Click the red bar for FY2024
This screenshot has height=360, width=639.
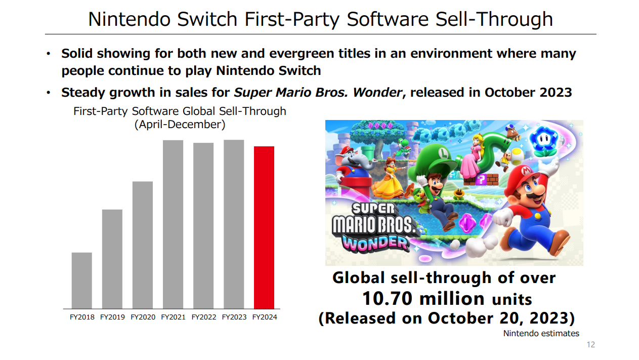264,227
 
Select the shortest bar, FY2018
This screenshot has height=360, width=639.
82,281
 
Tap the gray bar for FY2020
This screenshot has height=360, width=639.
143,245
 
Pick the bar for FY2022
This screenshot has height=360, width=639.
203,226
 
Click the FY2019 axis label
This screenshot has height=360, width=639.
112,317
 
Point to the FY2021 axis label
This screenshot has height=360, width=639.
173,317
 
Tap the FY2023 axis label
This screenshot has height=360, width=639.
234,317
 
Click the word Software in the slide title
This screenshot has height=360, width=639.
388,19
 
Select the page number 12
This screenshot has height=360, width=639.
591,345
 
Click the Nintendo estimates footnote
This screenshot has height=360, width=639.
541,334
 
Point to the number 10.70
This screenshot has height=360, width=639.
387,299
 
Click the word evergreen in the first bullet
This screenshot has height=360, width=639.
302,54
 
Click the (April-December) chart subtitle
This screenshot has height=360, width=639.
180,125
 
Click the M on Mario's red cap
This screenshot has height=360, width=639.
526,171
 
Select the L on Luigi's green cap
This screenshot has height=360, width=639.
444,153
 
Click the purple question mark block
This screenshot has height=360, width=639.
481,180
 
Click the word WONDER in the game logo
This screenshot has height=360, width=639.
375,243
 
